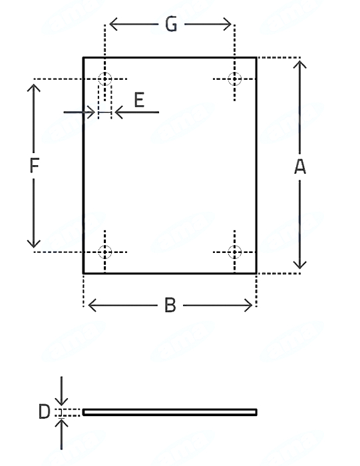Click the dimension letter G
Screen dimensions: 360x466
(x=171, y=24)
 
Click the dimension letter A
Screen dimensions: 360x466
(x=300, y=166)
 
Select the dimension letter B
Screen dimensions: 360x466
(x=170, y=305)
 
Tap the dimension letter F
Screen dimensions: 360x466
(x=35, y=165)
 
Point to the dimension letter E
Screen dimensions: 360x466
(x=139, y=100)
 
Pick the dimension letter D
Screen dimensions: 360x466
(x=45, y=412)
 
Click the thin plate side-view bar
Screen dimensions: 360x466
(x=170, y=412)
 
